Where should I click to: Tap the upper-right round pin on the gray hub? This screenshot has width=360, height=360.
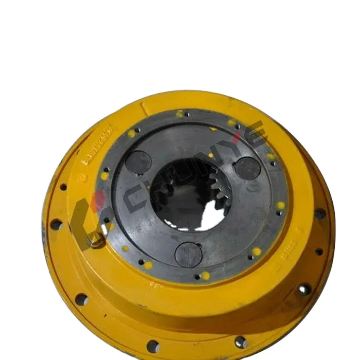pos(247,168)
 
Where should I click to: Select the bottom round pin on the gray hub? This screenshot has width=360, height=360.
pos(189,254)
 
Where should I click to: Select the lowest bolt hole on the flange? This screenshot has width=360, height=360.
pos(153,345)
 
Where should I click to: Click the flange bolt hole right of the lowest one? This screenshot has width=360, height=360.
pos(240,341)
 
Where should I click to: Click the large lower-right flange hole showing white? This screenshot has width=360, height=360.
pos(304,289)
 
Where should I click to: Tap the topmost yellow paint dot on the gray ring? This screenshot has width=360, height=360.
pos(179,114)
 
